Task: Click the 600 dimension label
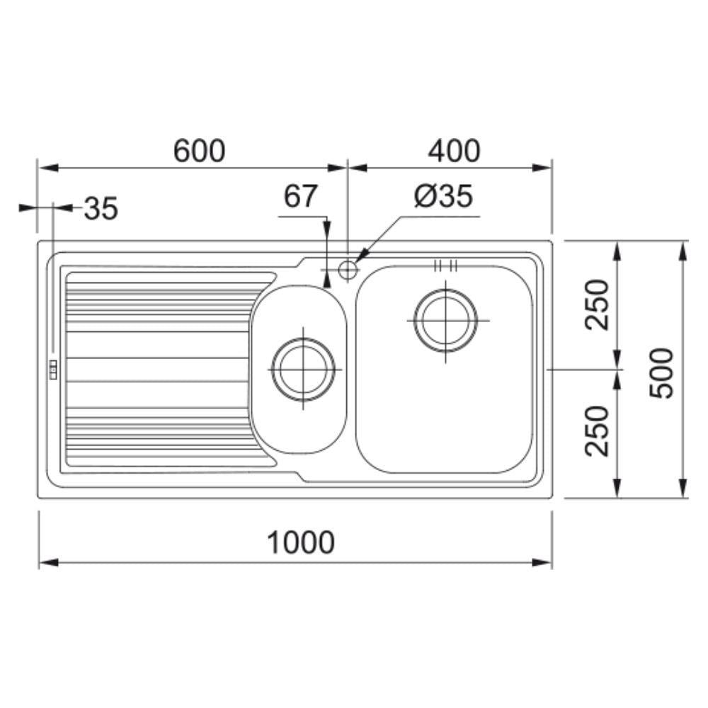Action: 199,151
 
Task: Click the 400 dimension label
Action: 454,151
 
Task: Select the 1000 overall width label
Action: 301,542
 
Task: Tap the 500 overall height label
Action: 661,372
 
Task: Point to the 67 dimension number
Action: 300,196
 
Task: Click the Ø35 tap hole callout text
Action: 443,196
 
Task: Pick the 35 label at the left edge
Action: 101,208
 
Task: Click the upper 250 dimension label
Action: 597,304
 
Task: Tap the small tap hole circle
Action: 348,270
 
